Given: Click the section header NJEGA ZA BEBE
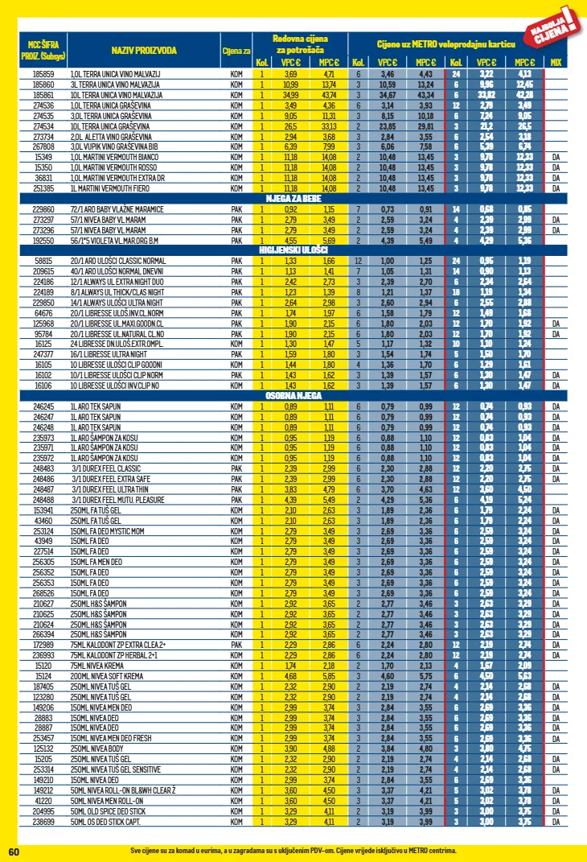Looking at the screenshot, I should [294, 197].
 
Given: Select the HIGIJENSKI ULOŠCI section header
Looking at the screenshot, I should [294, 250].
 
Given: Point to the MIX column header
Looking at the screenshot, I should [556, 63].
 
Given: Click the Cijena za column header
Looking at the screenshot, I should [236, 52].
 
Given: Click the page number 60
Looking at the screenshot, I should [14, 852].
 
